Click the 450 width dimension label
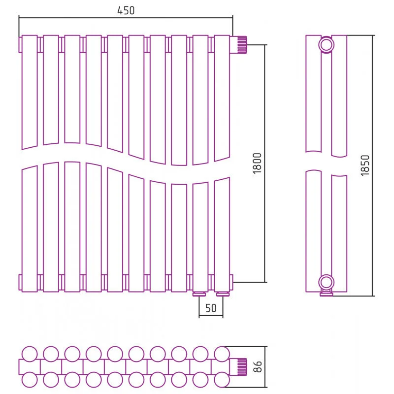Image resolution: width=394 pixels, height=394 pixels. tap(126, 10)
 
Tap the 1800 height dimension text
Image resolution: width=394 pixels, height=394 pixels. tap(257, 164)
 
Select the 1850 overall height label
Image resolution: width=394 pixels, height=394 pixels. tap(365, 165)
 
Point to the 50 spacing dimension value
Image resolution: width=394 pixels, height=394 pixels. tap(211, 308)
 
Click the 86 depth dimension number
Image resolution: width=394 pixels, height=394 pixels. tap(258, 366)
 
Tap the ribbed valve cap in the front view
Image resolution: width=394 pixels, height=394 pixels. tap(242, 45)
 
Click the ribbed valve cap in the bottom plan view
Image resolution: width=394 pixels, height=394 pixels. tap(242, 367)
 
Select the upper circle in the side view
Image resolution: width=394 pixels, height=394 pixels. tap(326, 45)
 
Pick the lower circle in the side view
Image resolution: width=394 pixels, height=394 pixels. tap(326, 282)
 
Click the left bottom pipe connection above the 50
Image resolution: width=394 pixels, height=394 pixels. tap(199, 294)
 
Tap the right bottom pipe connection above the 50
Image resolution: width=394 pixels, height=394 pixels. tap(223, 294)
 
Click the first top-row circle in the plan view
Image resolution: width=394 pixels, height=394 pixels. tap(30, 354)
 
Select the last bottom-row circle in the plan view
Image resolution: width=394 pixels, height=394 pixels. tap(222, 380)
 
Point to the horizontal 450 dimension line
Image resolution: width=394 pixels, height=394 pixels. tap(126, 18)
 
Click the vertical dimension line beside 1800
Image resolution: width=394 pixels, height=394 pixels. tap(265, 164)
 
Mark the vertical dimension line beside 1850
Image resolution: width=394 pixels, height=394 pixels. tap(373, 165)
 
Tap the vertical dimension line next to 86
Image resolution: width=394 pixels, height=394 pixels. tap(265, 367)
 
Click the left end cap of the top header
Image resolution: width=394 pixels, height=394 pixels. tap(20, 45)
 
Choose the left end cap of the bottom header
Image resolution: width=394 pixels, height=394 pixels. tap(20, 282)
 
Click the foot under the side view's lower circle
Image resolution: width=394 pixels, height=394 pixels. tap(326, 294)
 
